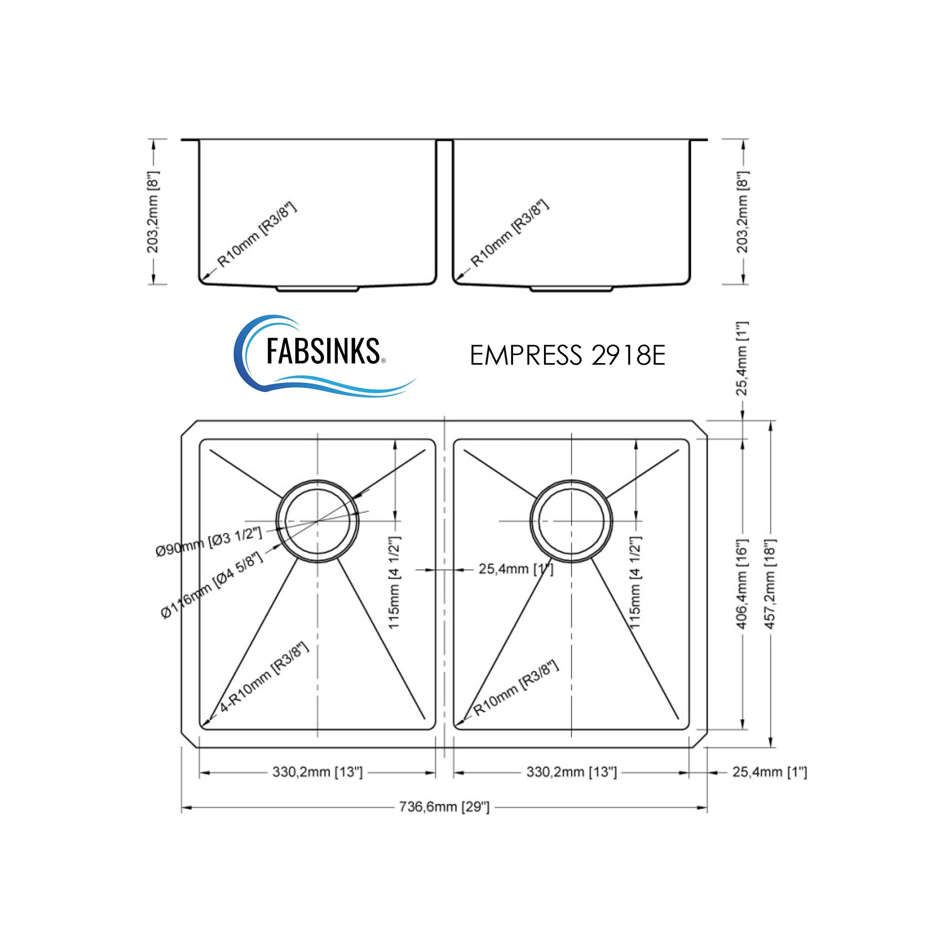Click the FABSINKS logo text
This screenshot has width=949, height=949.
tap(322, 351)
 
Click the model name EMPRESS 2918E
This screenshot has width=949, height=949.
tap(567, 356)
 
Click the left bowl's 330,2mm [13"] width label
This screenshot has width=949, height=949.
tap(317, 772)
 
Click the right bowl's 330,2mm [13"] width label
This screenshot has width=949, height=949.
tap(571, 772)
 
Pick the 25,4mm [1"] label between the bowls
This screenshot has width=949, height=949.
tap(516, 569)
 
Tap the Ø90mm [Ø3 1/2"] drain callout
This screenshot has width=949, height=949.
tap(209, 541)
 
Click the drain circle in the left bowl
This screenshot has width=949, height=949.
tap(318, 520)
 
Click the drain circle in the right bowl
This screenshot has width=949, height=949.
tap(571, 520)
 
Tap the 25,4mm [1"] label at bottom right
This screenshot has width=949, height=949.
tap(769, 772)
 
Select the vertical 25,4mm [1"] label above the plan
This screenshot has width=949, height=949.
tap(742, 358)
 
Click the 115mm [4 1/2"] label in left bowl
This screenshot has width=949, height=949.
tap(394, 583)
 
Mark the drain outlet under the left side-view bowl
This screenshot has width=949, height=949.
tap(318, 289)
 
